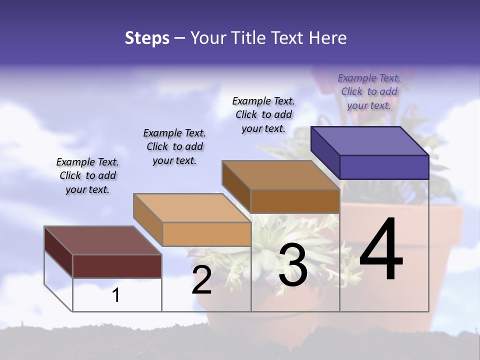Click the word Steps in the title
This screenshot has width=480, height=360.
pos(147,38)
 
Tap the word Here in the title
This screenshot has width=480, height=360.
pos(328,38)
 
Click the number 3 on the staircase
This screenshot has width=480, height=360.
pos(293,265)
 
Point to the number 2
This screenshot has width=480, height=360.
pos(202,280)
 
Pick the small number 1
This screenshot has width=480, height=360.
pos(116,295)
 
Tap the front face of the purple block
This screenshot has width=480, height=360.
pos(384,167)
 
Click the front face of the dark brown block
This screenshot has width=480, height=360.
pos(295,201)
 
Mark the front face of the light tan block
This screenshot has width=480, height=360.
pos(206,234)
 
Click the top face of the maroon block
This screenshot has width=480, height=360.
pos(103,240)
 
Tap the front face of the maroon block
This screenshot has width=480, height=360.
pos(117,266)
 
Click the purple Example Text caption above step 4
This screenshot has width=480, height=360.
pos(369,91)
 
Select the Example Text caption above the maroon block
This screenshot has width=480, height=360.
pos(87,175)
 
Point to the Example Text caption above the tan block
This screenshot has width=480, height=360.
pos(174,146)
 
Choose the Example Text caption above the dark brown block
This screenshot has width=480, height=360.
pos(263,114)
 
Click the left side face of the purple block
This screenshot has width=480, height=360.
pos(325,152)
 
